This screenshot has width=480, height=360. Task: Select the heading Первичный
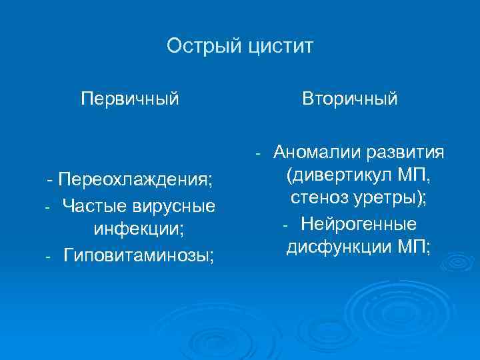point(130,99)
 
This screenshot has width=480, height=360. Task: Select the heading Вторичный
point(350,99)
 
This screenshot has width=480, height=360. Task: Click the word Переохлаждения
point(136,180)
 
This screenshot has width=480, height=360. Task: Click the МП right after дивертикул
point(413,176)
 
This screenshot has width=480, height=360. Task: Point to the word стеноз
point(319,199)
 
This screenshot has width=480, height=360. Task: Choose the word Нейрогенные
point(359,224)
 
